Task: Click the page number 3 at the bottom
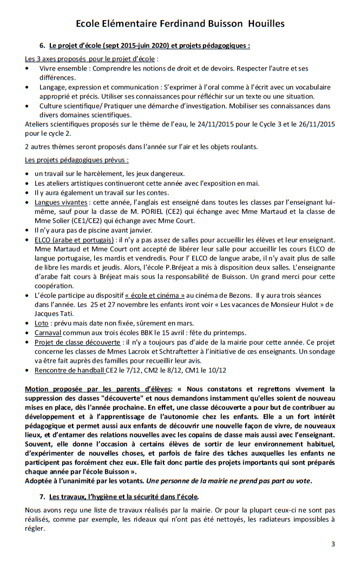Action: (333, 545)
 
